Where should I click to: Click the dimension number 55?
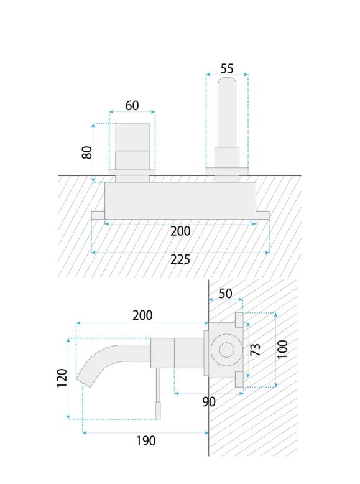227,69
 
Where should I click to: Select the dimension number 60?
132,106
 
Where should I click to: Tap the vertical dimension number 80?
87,152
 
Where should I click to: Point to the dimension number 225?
180,260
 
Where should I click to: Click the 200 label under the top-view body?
180,231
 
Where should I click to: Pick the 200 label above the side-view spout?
142,315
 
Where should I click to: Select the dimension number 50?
226,294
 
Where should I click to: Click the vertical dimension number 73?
255,350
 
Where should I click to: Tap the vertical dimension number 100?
282,349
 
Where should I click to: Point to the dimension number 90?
209,402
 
